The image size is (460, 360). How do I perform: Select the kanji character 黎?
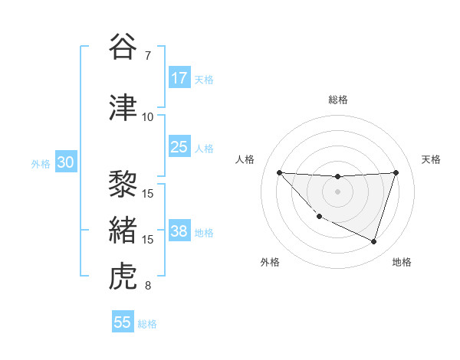123,184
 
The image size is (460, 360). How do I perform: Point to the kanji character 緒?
123,231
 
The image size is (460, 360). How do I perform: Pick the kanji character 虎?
123,277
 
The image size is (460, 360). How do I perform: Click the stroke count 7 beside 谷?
148,56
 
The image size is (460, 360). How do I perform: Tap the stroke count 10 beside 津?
148,117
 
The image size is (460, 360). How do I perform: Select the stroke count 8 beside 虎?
148,286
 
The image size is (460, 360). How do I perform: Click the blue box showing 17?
179,78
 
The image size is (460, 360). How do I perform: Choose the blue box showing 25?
179,147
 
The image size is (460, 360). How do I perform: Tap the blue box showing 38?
179,231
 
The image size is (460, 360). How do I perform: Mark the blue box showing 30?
65,162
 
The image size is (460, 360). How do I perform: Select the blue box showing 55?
123,322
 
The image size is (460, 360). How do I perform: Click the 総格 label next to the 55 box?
148,324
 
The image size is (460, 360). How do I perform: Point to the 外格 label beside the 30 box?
41,164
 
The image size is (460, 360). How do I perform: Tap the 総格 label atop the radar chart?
337,100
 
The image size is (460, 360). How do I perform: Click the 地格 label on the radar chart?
402,263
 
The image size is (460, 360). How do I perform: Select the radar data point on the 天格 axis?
396,172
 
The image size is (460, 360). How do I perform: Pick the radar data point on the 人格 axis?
279,172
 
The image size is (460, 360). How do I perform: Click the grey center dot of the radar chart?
337,191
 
